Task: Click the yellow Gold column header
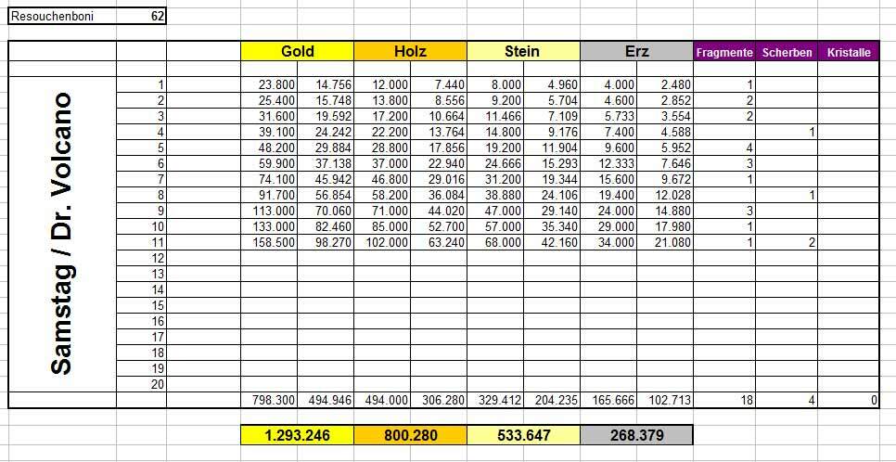[297, 52]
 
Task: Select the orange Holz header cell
[410, 52]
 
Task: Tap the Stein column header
[523, 52]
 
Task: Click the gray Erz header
[636, 52]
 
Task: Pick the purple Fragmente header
[724, 53]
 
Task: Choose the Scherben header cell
[787, 53]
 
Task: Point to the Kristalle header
[847, 53]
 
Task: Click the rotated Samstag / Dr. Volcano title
[61, 233]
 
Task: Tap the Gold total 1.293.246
[297, 435]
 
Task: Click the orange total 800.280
[410, 435]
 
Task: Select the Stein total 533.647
[523, 435]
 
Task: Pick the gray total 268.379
[636, 435]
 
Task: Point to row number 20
[157, 384]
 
